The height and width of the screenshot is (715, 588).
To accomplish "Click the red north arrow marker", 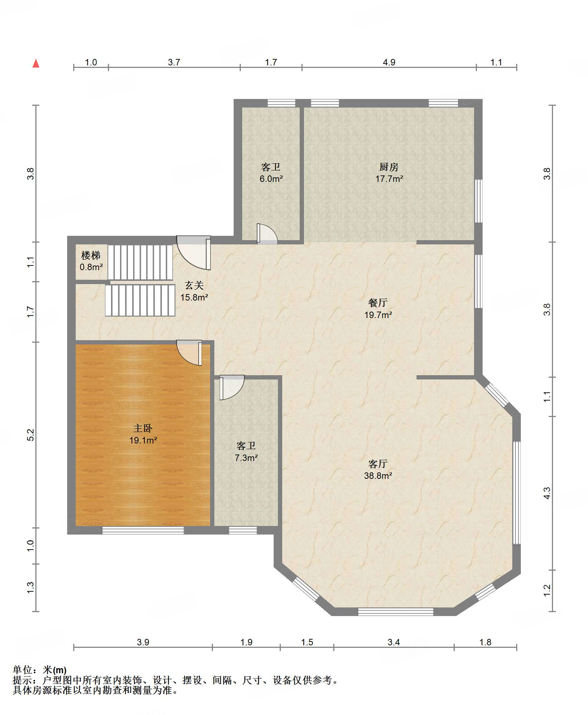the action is pos(36,63).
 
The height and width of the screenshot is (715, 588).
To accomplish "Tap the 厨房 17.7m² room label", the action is pos(389,173).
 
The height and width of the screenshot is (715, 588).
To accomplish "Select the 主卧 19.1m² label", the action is pos(143,434).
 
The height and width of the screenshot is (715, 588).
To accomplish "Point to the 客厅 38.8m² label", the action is pos(378,470).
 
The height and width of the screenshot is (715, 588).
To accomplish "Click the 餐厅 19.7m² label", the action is pos(378,309).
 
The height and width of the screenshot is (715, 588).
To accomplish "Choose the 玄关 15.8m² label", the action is pos(194,291).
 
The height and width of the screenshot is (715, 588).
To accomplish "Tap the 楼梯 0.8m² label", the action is pos(91,261).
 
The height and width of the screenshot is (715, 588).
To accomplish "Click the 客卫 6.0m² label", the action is pos(271,173).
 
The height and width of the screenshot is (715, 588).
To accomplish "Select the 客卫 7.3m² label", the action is pos(246,452).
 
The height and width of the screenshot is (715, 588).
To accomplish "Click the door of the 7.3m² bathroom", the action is pos(232,387).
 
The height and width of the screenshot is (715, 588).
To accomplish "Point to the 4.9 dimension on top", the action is pos(389,63).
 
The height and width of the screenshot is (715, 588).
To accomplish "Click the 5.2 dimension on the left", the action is pos(30,435).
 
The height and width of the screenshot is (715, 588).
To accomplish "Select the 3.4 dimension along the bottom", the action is pos(394,642).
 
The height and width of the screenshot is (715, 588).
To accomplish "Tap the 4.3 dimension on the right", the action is pos(547,493).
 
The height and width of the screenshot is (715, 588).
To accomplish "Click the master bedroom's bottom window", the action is pos(143,531).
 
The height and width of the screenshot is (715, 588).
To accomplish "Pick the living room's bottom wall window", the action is pos(395,611).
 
